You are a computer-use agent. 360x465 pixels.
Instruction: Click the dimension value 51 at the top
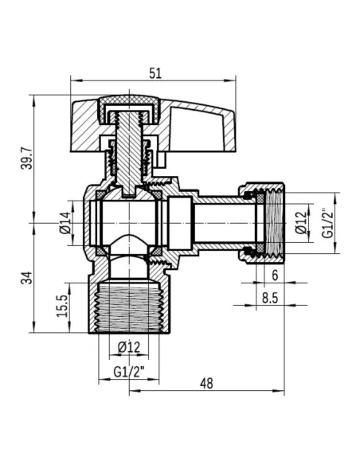(155, 72)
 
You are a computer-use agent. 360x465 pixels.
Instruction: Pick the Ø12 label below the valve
(128, 346)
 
